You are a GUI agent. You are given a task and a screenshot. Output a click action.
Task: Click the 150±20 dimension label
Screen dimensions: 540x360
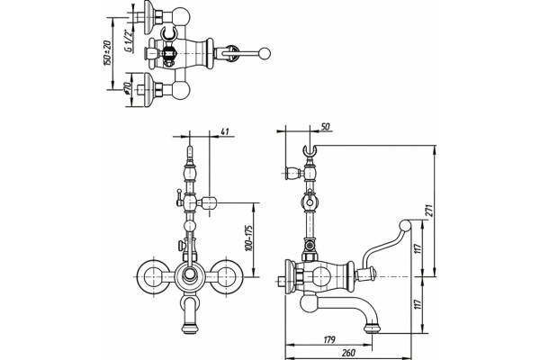pos(107,53)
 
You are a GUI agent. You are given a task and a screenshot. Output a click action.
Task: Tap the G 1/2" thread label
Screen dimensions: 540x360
pos(128,41)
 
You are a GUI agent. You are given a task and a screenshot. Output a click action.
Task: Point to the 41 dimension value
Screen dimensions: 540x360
pos(224,131)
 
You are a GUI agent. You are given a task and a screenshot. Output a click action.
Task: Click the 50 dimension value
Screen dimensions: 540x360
pos(325,126)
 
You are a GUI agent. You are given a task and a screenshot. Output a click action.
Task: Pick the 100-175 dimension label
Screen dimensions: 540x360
pos(248,238)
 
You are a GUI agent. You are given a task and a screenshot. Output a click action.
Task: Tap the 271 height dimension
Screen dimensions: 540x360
pos(430,210)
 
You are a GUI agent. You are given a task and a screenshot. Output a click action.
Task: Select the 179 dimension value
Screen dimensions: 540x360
pos(329,339)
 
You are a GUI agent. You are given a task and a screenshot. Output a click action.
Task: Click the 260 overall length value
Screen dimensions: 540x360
pos(348,353)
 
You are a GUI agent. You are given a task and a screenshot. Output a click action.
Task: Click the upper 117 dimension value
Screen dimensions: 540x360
pos(418,248)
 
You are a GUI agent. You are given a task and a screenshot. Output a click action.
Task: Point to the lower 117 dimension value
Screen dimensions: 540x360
pos(418,304)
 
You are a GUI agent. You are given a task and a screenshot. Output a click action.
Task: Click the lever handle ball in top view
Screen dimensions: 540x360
pos(265,54)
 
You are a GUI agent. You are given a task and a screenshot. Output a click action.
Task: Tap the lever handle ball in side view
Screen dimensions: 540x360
pos(405,226)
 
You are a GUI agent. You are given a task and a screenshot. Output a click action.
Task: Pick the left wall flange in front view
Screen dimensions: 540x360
pos(153,276)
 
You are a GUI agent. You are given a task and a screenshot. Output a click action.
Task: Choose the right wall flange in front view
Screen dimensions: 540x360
pos(227,276)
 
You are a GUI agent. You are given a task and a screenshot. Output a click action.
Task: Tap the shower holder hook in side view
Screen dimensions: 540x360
pos(310,150)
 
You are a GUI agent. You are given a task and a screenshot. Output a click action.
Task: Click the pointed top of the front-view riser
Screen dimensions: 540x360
pos(190,148)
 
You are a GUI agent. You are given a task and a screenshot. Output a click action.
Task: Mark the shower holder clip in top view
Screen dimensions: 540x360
pos(168,33)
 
